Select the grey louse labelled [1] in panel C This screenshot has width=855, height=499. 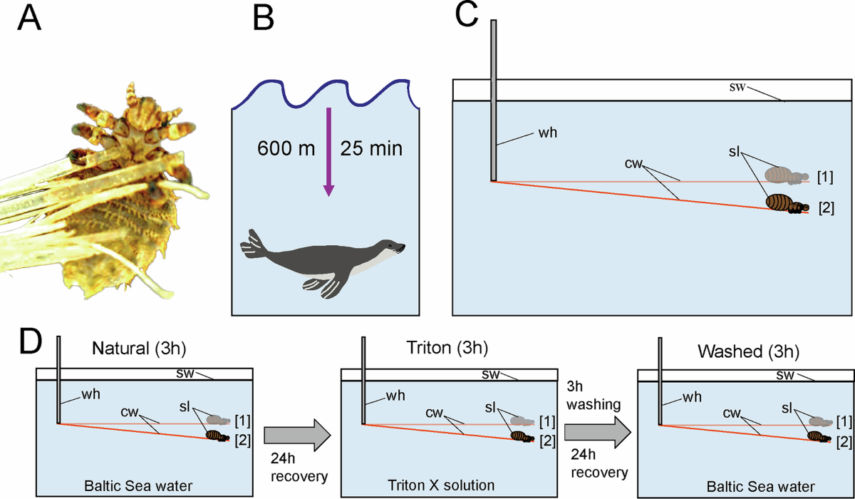click(786, 175)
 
